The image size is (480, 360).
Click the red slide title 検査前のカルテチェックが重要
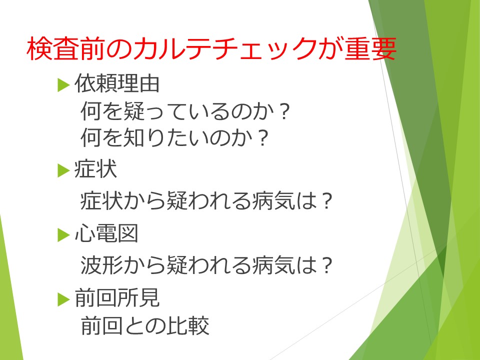point(211,48)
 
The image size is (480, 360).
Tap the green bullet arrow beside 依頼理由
point(63,85)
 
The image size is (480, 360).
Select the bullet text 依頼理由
point(117,83)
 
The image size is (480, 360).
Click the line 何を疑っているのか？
point(185,111)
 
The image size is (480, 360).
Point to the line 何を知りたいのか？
point(174,137)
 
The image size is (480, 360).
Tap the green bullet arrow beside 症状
point(63,170)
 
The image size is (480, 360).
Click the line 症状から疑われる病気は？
point(206,201)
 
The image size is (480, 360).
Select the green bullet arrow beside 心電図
point(63,235)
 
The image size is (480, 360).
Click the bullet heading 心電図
point(106,233)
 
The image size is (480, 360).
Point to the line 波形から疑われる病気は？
point(206,265)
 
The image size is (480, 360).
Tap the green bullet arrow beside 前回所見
point(63,299)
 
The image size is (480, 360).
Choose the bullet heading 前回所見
point(117,297)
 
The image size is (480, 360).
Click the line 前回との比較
point(145,325)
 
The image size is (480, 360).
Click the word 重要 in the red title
point(370,48)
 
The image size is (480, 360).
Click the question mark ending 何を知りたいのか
point(262,138)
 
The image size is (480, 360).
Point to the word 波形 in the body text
point(101,265)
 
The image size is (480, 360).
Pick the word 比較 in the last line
point(188,325)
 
